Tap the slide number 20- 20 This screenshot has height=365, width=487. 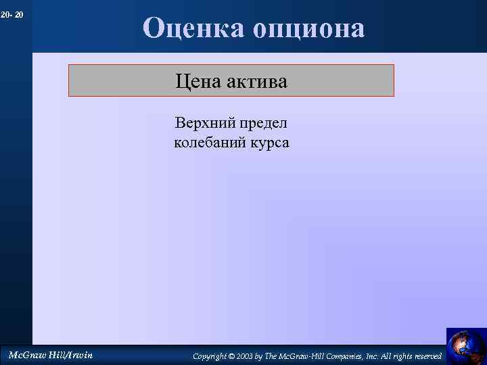click(12, 14)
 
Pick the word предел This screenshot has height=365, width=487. click(263, 124)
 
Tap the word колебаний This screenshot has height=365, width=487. click(208, 143)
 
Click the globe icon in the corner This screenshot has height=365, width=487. click(466, 345)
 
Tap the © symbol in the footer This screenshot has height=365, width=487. click(231, 356)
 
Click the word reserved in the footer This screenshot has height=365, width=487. click(430, 356)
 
